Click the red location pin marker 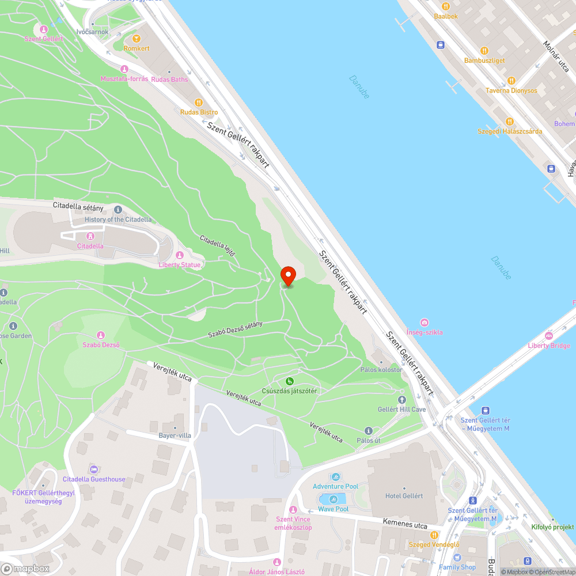287,275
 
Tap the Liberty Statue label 180,265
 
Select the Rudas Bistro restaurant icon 199,102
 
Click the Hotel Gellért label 404,496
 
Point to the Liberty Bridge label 549,346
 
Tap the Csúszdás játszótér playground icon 289,381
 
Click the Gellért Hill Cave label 401,409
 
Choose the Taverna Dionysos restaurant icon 510,80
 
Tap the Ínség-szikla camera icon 425,323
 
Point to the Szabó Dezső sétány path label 235,329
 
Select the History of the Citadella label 118,219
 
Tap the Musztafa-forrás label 124,79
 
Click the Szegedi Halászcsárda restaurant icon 509,121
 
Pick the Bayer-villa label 175,435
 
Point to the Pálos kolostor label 381,369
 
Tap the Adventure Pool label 336,487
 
